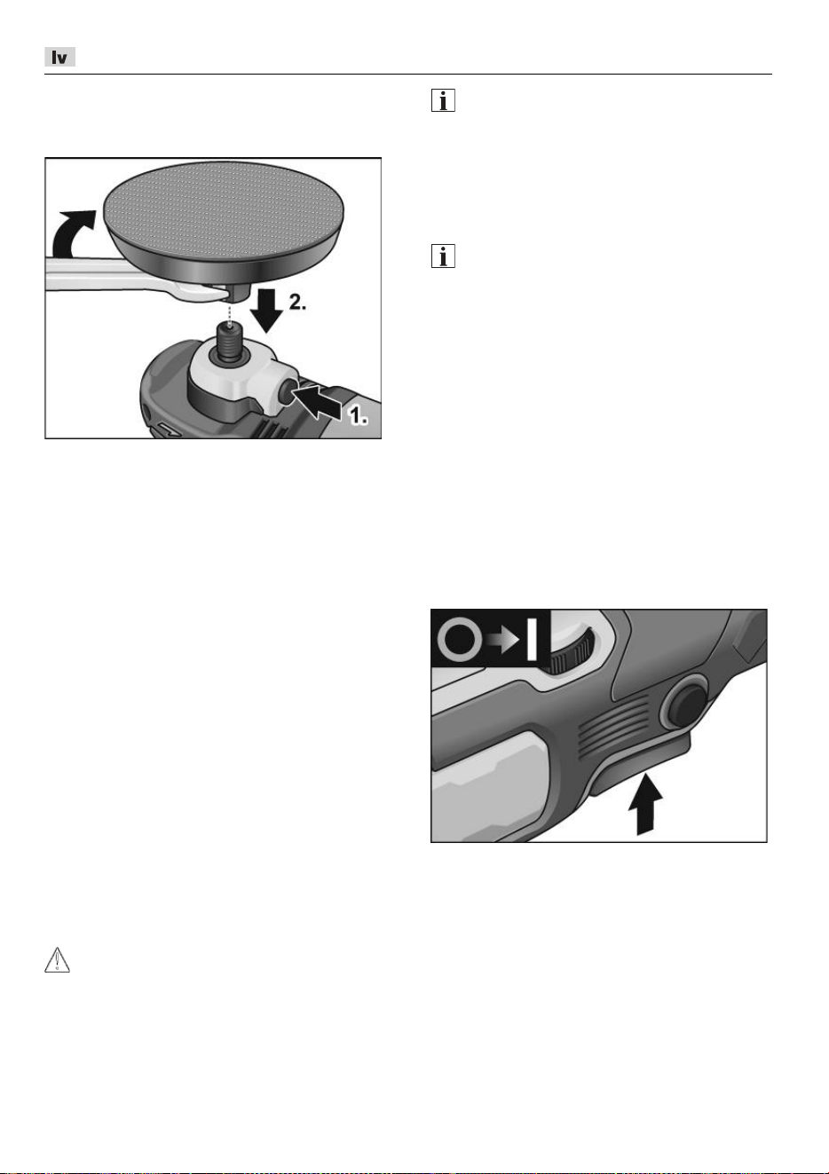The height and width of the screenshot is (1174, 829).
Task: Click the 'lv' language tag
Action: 59,57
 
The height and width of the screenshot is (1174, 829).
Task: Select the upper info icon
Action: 443,100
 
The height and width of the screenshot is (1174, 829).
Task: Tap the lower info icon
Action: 443,256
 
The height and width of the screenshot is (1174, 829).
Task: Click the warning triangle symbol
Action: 57,959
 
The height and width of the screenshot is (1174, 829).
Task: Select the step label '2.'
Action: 297,303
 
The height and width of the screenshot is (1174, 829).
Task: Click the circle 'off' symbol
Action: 460,640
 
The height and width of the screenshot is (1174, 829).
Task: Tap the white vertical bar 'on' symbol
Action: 532,639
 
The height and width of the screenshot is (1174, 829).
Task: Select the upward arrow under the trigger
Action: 645,802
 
